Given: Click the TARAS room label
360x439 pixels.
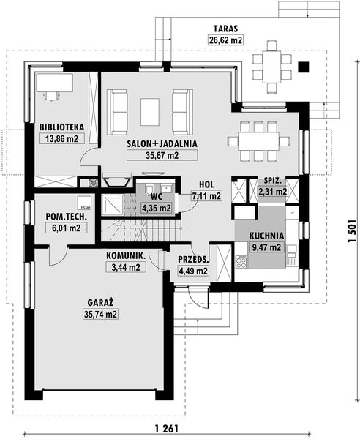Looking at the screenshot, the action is pyautogui.click(x=225, y=29).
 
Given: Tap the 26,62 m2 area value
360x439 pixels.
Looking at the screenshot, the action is pyautogui.click(x=225, y=40).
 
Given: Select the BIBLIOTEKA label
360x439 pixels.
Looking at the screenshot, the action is pyautogui.click(x=61, y=127).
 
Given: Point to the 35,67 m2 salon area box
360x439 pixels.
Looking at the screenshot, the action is pyautogui.click(x=162, y=155).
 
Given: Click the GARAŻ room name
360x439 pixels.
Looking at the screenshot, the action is pyautogui.click(x=100, y=303).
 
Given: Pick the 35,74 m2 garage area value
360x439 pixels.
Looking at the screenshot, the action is pyautogui.click(x=100, y=314).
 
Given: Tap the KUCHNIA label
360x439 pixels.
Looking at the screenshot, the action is pyautogui.click(x=266, y=236).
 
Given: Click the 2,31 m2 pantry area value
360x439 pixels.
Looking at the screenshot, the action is pyautogui.click(x=272, y=192).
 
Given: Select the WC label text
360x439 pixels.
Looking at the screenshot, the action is pyautogui.click(x=157, y=196).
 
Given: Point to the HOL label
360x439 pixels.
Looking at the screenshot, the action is pyautogui.click(x=206, y=184).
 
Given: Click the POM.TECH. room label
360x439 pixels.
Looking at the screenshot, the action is pyautogui.click(x=67, y=217).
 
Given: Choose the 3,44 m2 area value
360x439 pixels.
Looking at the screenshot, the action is pyautogui.click(x=126, y=267).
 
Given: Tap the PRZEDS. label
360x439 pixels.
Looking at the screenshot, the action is pyautogui.click(x=193, y=259).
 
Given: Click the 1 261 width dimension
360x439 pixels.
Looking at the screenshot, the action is pyautogui.click(x=166, y=429).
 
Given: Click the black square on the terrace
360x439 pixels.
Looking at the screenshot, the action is pyautogui.click(x=303, y=67).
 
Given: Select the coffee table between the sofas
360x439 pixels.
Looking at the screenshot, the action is pyautogui.click(x=150, y=112).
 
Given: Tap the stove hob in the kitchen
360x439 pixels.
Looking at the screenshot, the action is pyautogui.click(x=241, y=262).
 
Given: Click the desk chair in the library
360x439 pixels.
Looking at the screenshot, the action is pyautogui.click(x=52, y=95).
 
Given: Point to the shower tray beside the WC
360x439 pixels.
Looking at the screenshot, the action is pyautogui.click(x=112, y=205).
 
